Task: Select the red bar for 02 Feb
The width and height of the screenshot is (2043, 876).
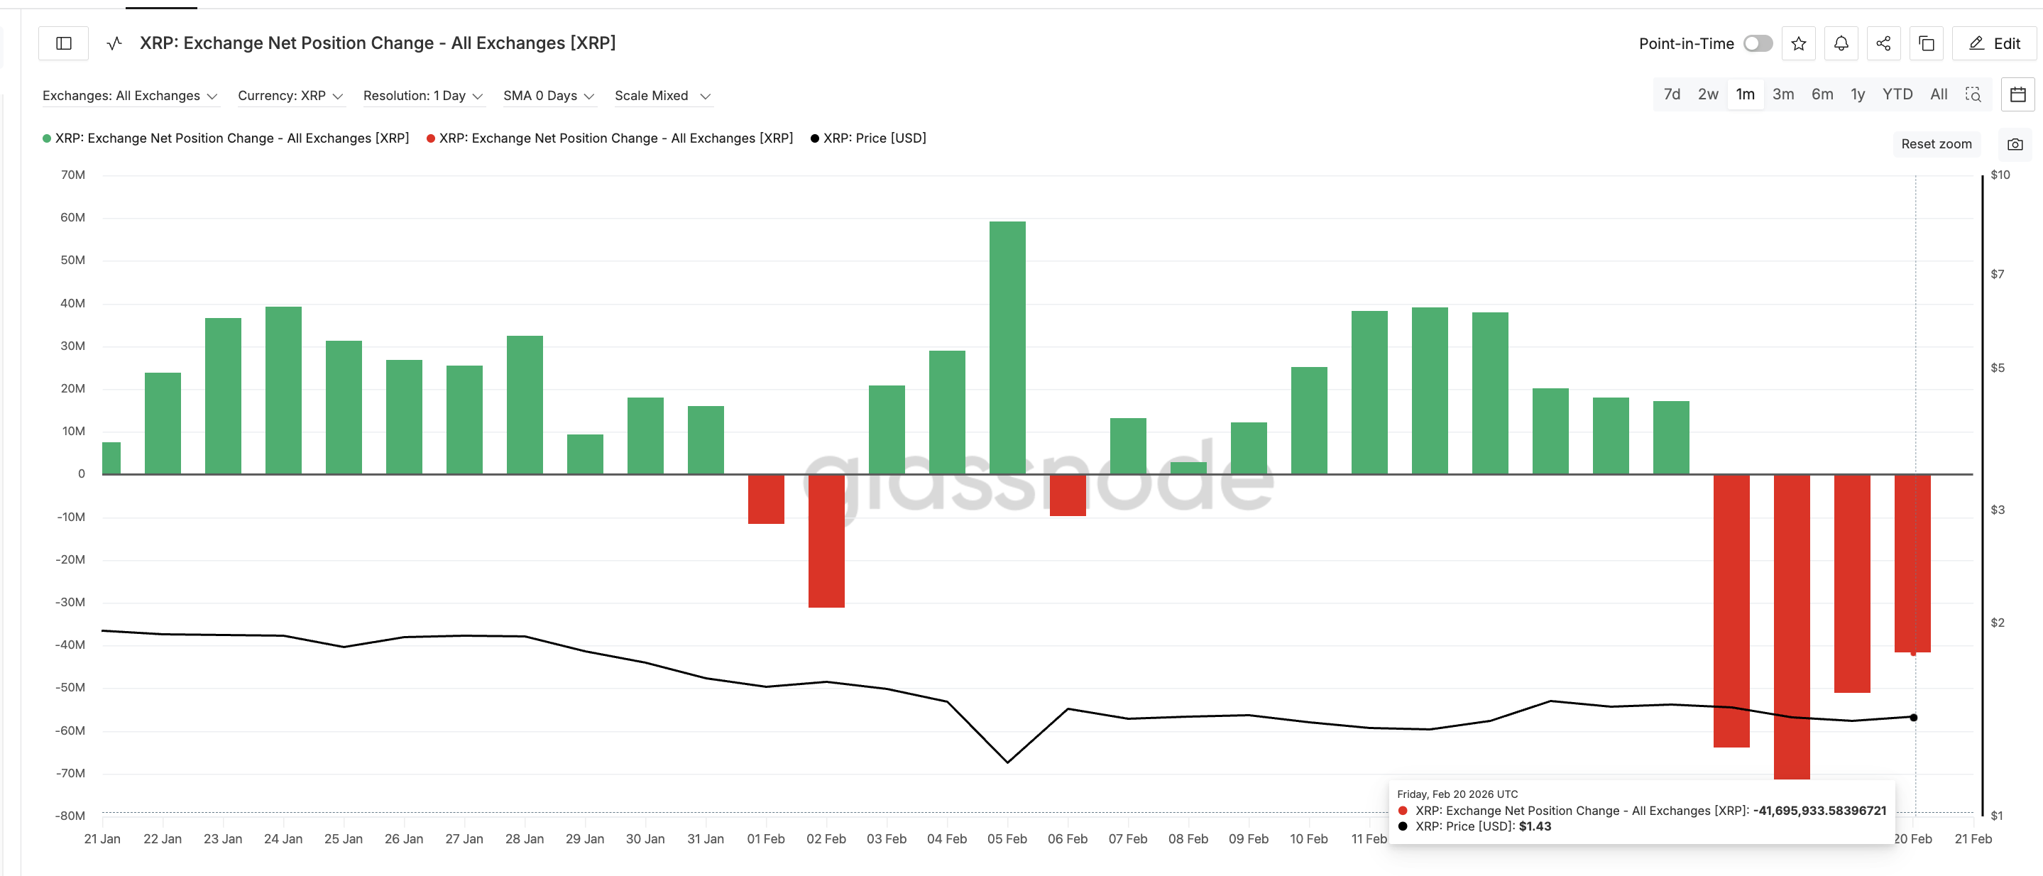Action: tap(826, 541)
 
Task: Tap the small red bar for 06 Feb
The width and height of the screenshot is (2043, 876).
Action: tap(1068, 496)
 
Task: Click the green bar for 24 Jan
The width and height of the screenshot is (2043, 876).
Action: tap(283, 390)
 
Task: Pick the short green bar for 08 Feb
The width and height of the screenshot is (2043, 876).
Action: tap(1188, 468)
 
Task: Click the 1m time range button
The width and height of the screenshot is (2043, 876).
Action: tap(1745, 94)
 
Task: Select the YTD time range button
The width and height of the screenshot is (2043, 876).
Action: tap(1897, 94)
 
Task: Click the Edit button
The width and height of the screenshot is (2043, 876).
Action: tap(1995, 43)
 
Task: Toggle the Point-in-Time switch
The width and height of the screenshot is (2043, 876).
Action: tap(1758, 43)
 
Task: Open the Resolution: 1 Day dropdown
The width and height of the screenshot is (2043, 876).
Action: tap(422, 96)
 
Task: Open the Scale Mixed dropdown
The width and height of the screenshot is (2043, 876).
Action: tap(662, 96)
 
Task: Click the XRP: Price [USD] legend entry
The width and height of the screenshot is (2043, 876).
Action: tap(868, 138)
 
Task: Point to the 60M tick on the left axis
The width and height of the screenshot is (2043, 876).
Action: tap(73, 217)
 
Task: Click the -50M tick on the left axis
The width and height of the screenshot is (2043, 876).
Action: tap(70, 687)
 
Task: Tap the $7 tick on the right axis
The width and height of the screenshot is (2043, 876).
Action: tap(1997, 274)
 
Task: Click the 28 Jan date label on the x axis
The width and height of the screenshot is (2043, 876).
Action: tap(524, 839)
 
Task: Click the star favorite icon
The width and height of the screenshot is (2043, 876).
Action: tap(1799, 43)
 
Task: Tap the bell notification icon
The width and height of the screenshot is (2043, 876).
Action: tap(1841, 43)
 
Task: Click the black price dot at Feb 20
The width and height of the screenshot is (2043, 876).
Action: tap(1913, 718)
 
